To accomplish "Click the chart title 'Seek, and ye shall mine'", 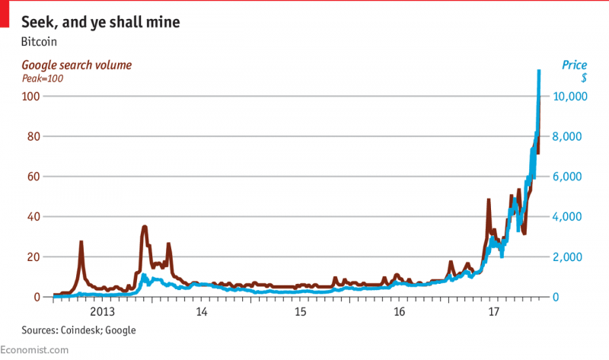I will (x=100, y=23).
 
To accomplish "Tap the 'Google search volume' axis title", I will (x=76, y=65).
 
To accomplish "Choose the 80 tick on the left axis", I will (x=31, y=137).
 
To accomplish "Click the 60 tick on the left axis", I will (x=31, y=177).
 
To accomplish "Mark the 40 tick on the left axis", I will (x=31, y=217).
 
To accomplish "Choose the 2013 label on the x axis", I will (x=102, y=311).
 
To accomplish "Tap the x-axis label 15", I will (x=301, y=311).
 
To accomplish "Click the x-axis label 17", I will (x=493, y=311).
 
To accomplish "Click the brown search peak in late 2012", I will (x=81, y=242).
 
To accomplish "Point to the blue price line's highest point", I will (x=539, y=71).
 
